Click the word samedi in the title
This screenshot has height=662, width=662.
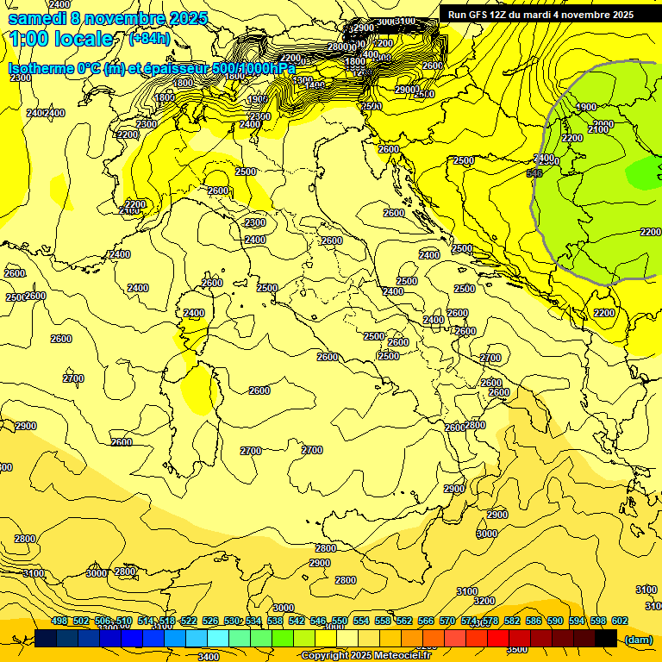37,18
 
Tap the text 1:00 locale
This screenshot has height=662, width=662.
61,39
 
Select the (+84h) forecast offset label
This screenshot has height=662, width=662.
149,38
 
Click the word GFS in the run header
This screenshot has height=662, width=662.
481,14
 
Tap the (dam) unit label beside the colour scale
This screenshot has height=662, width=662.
638,639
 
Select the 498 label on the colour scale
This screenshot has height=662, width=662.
59,621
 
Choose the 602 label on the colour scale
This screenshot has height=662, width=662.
620,621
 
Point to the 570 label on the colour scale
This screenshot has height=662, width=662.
447,621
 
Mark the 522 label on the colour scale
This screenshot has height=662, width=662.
189,621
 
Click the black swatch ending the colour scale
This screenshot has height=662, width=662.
606,638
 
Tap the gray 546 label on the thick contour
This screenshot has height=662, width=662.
534,173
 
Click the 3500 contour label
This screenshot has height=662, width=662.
517,649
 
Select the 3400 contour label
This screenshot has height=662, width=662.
208,657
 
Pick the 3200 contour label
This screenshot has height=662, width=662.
484,601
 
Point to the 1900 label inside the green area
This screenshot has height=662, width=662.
586,107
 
